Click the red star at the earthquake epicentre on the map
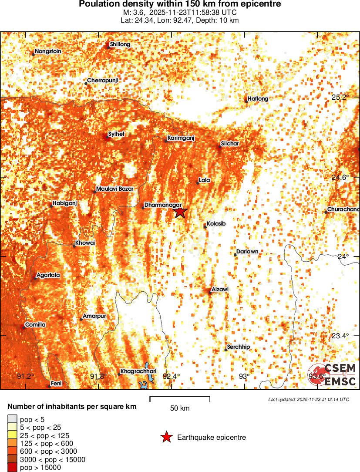tap(180, 212)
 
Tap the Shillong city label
tap(120, 44)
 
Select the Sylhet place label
tap(116, 134)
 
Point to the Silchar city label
tap(230, 143)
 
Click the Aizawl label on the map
tap(220, 289)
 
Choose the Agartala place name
tap(48, 275)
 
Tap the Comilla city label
tap(35, 324)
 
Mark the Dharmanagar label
tap(160, 204)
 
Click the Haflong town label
tap(258, 99)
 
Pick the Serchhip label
tap(238, 347)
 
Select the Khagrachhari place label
tap(138, 371)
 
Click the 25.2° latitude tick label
tap(340, 97)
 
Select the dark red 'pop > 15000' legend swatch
tap(11, 467)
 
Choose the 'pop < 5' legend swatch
tap(11, 419)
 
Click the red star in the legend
tap(166, 438)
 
